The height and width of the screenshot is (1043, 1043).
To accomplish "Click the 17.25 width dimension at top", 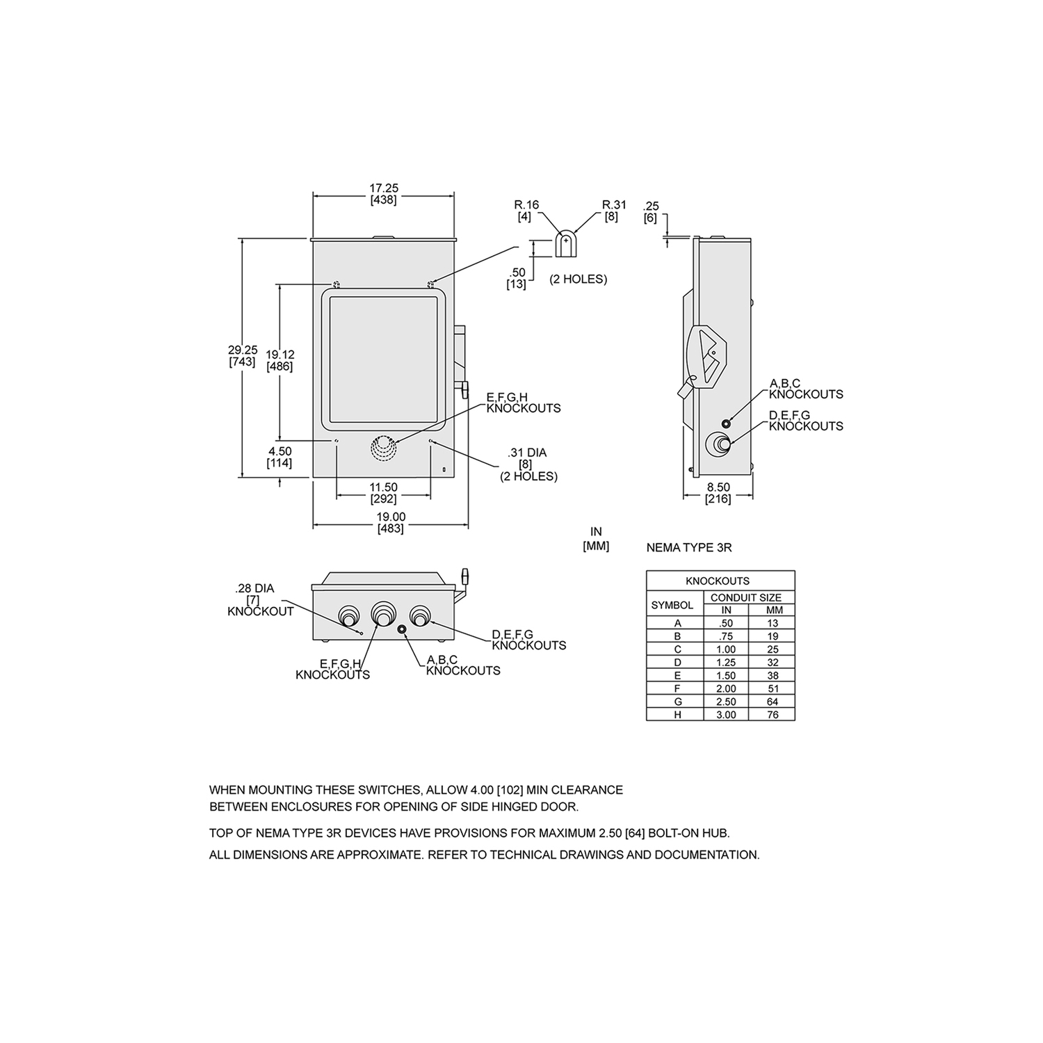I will pos(383,193).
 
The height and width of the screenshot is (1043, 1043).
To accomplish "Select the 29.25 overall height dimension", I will pos(242,356).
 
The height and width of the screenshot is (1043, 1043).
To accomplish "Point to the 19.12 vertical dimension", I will pos(280,360).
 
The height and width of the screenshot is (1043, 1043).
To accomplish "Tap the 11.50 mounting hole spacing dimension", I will pos(383,493).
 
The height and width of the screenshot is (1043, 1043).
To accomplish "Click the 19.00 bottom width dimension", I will pos(391,522).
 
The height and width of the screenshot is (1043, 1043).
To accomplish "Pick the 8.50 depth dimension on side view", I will pos(718,493).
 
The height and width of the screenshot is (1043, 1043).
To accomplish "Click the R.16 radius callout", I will pos(526,210).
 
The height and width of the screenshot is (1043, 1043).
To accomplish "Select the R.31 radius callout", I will pos(613,210).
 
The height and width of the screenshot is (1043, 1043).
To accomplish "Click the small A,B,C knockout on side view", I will pos(727,423).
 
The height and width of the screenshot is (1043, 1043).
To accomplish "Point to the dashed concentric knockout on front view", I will pos(381,448).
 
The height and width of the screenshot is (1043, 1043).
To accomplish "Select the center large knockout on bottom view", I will pos(382,613).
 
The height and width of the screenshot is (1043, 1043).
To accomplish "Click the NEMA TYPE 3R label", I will pos(688,548).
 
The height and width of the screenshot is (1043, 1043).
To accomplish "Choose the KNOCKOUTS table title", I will pos(720,581).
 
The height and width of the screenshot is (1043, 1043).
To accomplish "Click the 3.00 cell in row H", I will pos(725,715).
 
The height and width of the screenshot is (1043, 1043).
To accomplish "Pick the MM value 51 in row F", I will pos(773,688).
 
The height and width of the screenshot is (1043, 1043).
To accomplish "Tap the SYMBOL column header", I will pos(672,605).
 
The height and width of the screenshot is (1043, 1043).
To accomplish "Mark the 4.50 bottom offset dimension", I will pos(280,457).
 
